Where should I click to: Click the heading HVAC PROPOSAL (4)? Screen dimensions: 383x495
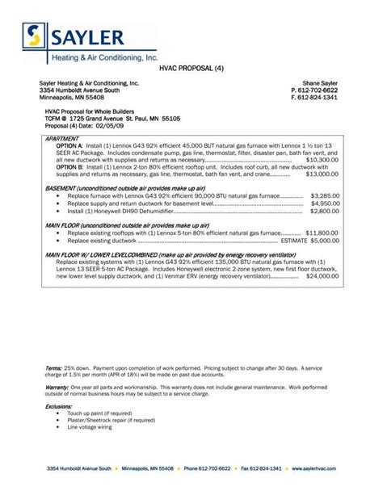pos(191,69)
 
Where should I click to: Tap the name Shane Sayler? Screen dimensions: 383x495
pos(320,83)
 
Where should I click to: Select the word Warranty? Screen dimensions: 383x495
pos(57,387)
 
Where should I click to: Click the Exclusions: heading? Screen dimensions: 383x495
pos(59,406)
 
